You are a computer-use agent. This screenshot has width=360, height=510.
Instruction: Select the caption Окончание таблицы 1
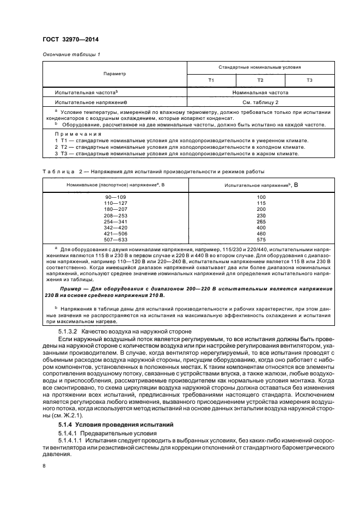(x=71, y=54)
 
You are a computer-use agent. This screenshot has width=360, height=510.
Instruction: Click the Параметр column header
(x=114, y=74)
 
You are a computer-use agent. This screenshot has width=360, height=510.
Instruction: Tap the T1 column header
(x=211, y=80)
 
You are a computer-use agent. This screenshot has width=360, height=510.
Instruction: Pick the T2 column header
(x=260, y=80)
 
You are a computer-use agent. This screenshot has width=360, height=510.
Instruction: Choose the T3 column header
(x=309, y=80)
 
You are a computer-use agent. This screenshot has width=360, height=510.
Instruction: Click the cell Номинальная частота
(x=260, y=93)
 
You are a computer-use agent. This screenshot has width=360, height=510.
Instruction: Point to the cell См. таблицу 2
(x=260, y=102)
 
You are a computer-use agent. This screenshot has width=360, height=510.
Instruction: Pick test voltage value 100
(x=261, y=196)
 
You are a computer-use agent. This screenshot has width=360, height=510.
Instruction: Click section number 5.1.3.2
(x=69, y=332)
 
